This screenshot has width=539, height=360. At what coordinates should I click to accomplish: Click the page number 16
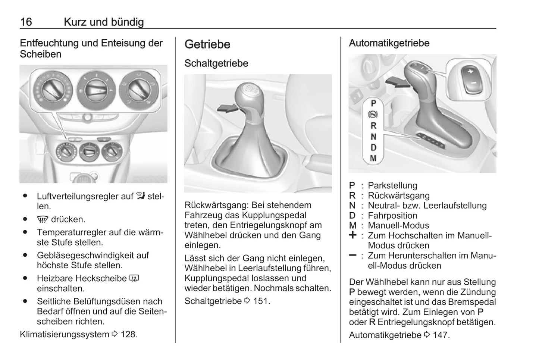click(26, 22)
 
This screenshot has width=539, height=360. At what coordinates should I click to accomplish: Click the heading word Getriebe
click(207, 44)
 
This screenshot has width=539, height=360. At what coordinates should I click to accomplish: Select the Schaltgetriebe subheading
click(216, 63)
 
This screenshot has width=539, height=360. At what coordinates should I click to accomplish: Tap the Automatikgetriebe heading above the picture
click(389, 43)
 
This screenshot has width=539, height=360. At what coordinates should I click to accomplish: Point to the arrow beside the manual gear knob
click(227, 108)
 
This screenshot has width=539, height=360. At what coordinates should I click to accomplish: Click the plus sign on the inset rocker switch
click(470, 71)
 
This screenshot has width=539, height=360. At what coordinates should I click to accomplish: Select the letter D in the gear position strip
click(373, 148)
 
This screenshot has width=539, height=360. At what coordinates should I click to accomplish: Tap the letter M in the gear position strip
click(373, 159)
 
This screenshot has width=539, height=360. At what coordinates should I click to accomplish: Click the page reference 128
click(129, 334)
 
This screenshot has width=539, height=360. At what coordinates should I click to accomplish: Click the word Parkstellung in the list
click(392, 185)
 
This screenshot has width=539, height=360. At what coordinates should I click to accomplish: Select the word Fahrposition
click(392, 216)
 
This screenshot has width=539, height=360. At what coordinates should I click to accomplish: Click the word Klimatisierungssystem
click(65, 334)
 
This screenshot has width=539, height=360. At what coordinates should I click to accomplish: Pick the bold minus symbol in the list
click(352, 256)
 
